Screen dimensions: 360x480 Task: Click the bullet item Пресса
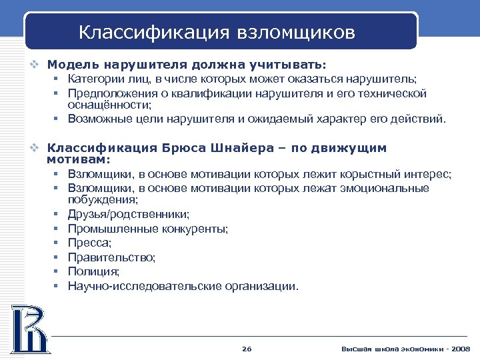click(89, 243)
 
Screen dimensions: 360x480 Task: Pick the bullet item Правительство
click(111, 257)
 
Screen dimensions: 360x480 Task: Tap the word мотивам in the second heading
click(77, 160)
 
